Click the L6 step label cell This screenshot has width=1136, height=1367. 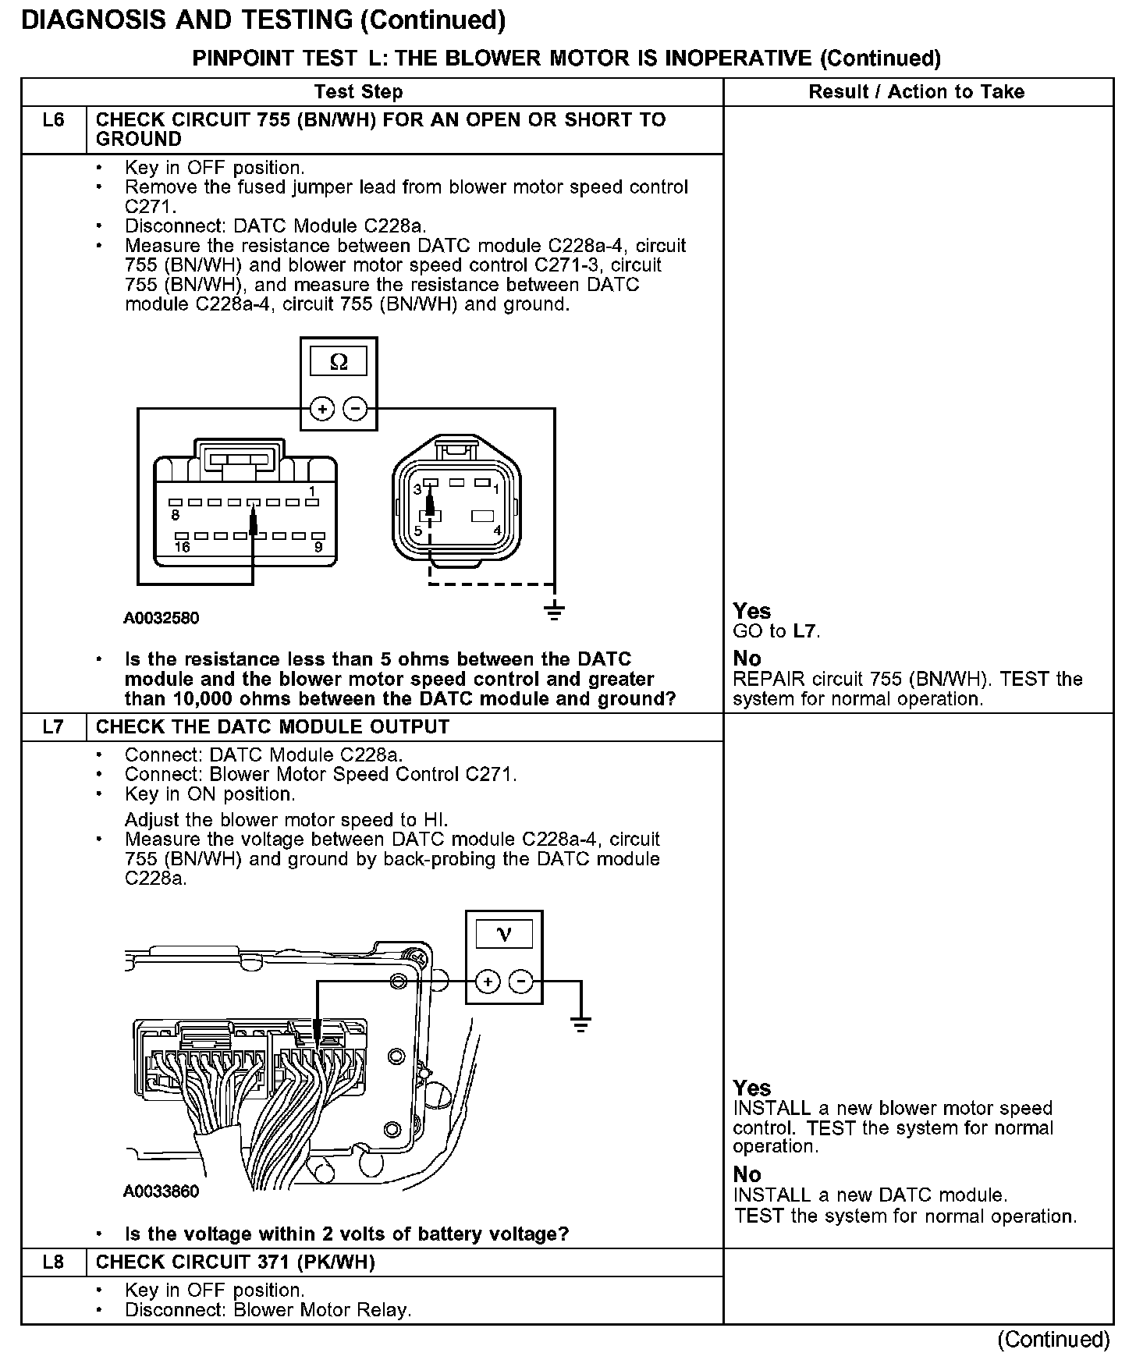53,121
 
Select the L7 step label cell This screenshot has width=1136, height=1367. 53,727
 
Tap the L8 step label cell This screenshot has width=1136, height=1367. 53,1262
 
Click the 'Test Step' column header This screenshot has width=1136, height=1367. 358,92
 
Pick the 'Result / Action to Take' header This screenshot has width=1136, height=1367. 916,92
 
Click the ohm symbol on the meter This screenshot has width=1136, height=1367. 339,362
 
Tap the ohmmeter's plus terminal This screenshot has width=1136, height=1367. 321,408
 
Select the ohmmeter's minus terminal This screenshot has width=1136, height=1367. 356,408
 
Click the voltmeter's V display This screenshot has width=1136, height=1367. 504,934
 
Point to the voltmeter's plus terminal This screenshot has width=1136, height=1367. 487,982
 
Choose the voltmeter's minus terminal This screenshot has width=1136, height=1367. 521,982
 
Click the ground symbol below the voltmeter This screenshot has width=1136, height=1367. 580,1024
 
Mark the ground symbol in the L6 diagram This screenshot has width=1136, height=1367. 554,611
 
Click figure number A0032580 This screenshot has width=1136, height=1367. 162,619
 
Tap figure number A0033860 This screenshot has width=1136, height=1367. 162,1191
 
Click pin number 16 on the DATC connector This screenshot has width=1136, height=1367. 182,548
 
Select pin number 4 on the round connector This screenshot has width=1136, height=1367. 497,531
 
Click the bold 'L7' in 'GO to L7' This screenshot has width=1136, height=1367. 807,631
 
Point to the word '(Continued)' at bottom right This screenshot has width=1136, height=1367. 1053,1340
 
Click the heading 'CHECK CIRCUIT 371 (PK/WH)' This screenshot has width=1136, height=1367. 235,1262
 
